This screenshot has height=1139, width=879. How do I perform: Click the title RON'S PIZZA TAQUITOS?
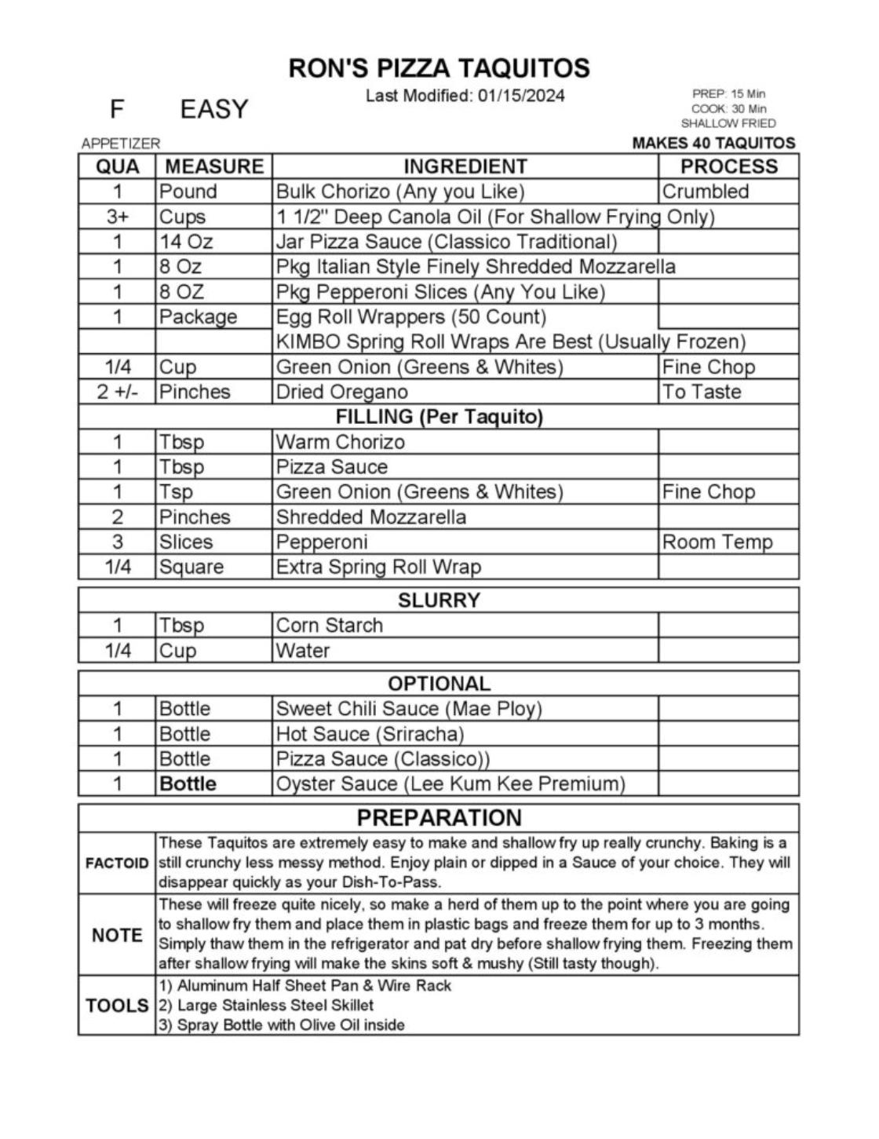(x=439, y=68)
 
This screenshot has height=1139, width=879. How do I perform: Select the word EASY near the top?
(x=213, y=109)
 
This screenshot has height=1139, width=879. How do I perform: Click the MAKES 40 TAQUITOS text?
(x=713, y=143)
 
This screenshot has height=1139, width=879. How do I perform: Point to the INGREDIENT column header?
(x=465, y=166)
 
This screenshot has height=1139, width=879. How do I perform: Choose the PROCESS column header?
(x=728, y=166)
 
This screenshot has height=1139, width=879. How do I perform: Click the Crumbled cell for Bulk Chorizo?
(x=705, y=192)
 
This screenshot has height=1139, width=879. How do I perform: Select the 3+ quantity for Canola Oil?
(x=117, y=217)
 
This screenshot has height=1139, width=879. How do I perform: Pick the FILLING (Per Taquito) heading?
(x=439, y=417)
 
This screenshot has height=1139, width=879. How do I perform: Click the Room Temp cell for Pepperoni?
(x=717, y=542)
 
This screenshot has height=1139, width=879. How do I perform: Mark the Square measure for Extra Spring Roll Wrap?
(x=191, y=567)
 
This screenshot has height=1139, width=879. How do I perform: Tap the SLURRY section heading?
(x=439, y=601)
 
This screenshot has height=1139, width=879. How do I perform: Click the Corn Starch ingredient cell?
(x=329, y=626)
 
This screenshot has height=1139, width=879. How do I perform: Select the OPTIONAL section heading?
(x=439, y=684)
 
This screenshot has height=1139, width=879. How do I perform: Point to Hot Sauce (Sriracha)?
(x=370, y=734)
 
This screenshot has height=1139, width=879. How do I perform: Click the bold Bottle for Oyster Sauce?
(x=188, y=783)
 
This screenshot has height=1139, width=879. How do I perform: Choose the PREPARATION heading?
(x=439, y=818)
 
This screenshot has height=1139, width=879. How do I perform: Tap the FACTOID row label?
(x=117, y=863)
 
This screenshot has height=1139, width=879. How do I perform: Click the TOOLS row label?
(x=117, y=1006)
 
